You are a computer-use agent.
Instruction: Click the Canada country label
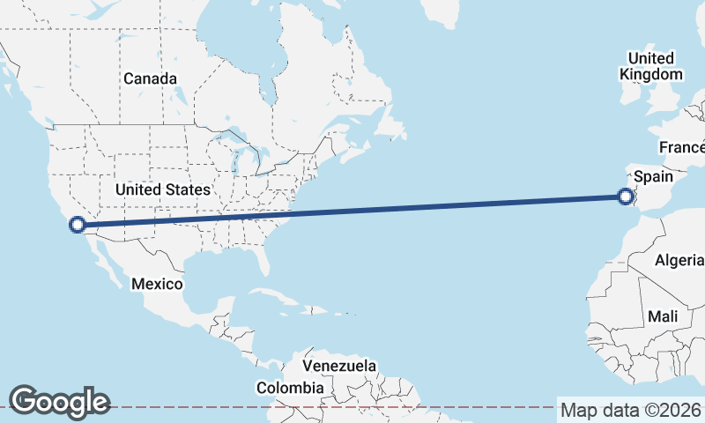[150, 78]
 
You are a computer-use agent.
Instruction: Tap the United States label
[163, 189]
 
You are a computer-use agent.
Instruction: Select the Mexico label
[157, 284]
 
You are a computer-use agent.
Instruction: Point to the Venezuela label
[339, 365]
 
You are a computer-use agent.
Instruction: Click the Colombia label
[289, 388]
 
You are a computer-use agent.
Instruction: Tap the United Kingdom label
[651, 66]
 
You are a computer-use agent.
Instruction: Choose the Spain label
[653, 176]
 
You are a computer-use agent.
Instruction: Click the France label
[682, 147]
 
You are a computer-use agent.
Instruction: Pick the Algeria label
[679, 260]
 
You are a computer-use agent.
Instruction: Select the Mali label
[662, 315]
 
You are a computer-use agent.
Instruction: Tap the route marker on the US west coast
[78, 225]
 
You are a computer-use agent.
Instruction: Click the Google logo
[59, 402]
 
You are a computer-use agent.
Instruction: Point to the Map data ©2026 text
[631, 410]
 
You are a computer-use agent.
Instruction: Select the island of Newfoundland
[389, 122]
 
